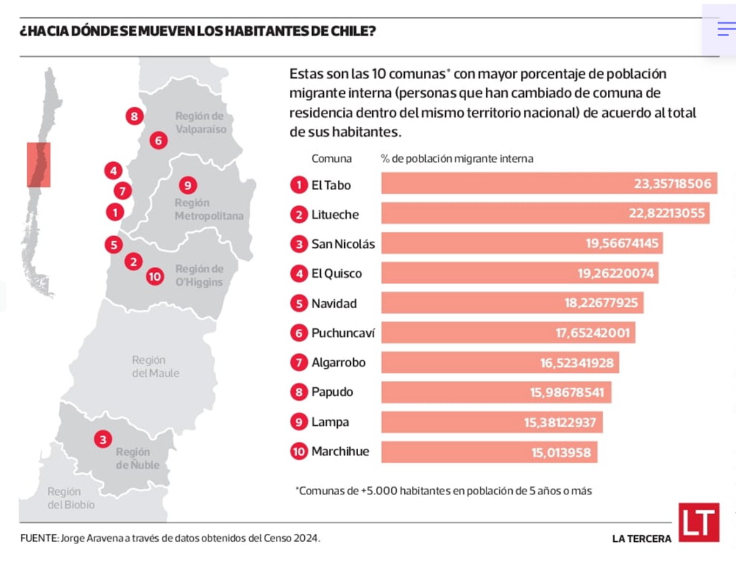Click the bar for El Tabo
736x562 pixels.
pos(549,183)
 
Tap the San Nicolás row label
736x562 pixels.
pos(342,244)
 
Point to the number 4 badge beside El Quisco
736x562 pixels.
pos(299,274)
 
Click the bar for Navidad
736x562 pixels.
pos(512,303)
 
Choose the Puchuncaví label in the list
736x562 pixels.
pos(342,333)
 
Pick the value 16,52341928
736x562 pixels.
pos(577,363)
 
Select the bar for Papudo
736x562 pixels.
pos(496,392)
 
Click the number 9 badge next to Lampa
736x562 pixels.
pos(299,422)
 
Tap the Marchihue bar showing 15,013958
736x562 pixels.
pos(489,452)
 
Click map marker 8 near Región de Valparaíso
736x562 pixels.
pos(134,116)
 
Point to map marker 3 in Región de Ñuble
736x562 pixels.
pos(102,439)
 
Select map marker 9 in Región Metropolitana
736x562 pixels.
pos(188,185)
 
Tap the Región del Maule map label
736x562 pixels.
pos(155,366)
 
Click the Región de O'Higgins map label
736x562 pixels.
pos(199,275)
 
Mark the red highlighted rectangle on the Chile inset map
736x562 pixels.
pos(39,164)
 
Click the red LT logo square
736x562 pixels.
pos(699,523)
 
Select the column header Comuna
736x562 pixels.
pos(331,158)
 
